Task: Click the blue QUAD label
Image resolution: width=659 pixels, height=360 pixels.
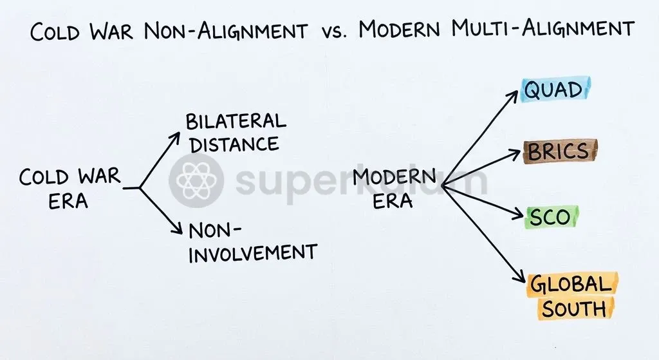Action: coord(555,89)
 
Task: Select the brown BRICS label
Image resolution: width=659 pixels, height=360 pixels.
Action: coord(559,151)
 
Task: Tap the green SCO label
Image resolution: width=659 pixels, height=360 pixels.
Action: coord(552,217)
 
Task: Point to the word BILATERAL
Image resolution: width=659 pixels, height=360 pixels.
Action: coord(236,122)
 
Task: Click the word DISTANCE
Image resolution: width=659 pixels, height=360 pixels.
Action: coord(234,145)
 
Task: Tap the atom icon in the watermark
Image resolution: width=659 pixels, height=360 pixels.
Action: coord(196,181)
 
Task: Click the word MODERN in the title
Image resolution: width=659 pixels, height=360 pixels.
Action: coord(400,29)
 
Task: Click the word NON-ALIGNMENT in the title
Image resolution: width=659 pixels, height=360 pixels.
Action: coord(226,31)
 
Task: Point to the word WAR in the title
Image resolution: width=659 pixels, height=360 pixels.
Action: coord(111,31)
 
